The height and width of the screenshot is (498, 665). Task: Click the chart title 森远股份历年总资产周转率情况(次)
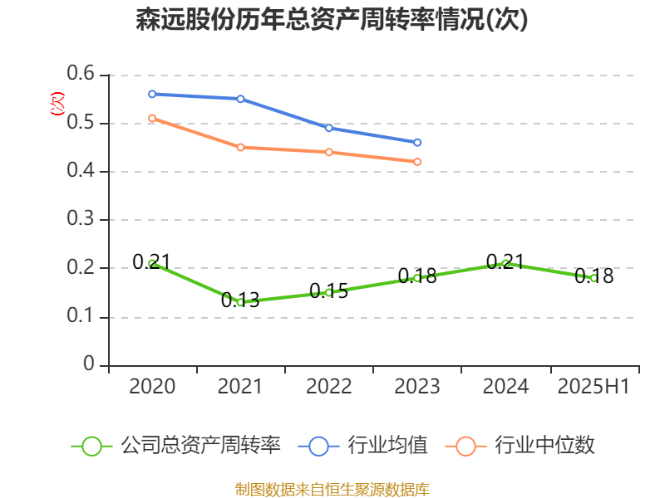click(332, 20)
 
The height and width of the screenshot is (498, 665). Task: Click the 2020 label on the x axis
click(152, 387)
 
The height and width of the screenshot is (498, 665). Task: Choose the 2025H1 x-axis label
click(594, 387)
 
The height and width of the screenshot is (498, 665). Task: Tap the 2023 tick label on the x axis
click(417, 387)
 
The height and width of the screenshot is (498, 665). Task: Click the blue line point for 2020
click(152, 94)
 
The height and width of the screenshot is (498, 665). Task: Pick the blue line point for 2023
click(417, 142)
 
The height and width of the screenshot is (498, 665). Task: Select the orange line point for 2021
click(240, 147)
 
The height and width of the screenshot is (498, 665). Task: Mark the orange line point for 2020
click(152, 118)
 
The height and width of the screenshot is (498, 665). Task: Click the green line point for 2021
click(240, 302)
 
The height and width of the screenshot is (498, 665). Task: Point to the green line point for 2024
click(505, 263)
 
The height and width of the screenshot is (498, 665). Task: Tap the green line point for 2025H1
click(594, 278)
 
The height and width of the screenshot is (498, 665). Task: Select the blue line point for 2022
click(329, 128)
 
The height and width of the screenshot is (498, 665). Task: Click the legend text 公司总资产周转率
click(200, 446)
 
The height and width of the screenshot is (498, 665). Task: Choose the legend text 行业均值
click(387, 446)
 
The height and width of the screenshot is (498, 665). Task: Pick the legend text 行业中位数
click(544, 446)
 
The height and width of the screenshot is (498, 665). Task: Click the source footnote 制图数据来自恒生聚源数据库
click(332, 489)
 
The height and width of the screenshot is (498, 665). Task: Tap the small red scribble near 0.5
click(57, 104)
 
